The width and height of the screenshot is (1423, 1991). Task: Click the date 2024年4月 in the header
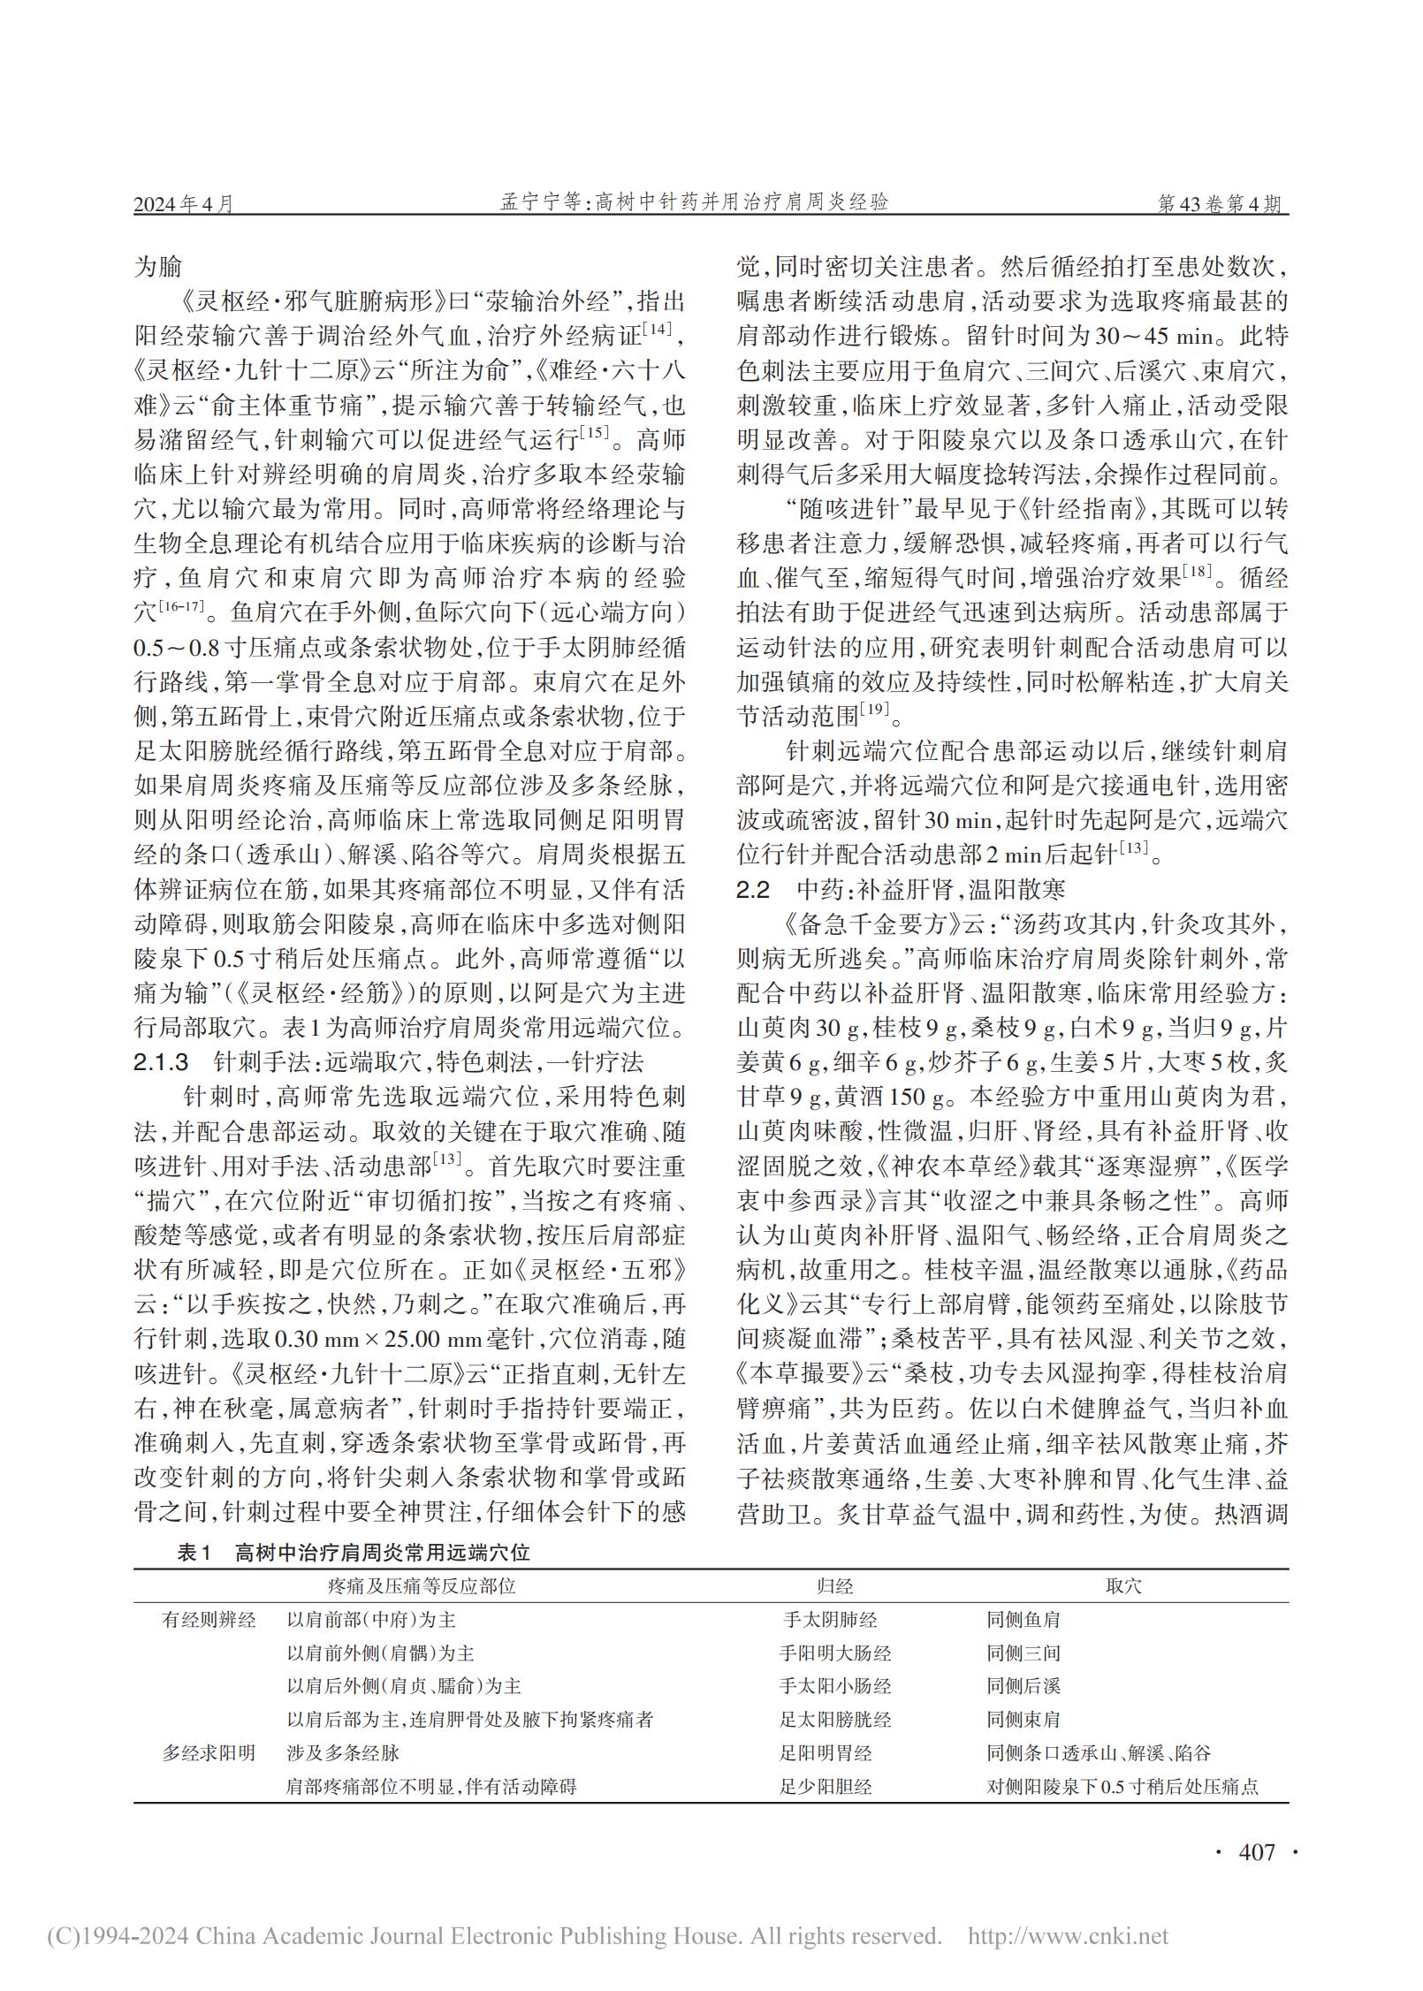[x=185, y=204]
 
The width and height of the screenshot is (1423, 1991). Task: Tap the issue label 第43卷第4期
[x=1222, y=204]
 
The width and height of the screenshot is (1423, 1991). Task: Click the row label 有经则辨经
[x=209, y=1620]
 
